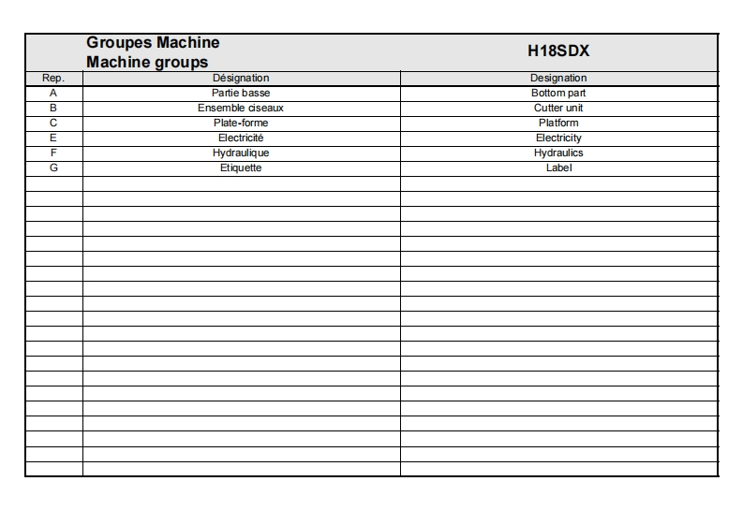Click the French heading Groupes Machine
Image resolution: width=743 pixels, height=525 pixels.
[x=153, y=43]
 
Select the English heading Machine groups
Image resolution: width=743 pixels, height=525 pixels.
[x=147, y=63]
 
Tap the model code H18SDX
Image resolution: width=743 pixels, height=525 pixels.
[x=558, y=52]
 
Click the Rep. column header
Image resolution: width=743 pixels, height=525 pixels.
[x=53, y=79]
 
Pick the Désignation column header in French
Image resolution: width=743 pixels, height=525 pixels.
[x=241, y=79]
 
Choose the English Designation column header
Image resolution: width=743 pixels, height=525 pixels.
[x=558, y=79]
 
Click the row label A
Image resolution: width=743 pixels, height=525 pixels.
[x=53, y=94]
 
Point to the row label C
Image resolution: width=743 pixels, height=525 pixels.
[x=53, y=124]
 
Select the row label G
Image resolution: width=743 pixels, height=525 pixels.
[x=53, y=168]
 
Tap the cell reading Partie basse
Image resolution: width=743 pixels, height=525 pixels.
[x=241, y=94]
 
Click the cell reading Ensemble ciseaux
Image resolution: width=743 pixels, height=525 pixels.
[x=241, y=109]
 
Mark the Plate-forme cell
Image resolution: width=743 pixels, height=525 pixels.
[x=241, y=124]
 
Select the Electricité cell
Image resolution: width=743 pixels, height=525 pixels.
[x=241, y=139]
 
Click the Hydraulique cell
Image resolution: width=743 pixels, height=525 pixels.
[x=241, y=153]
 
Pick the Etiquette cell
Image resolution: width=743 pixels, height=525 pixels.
[x=241, y=168]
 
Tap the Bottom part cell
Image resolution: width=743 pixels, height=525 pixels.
[x=558, y=94]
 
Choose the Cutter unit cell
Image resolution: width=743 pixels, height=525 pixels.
[x=558, y=109]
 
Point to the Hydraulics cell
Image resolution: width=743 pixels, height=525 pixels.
[x=558, y=153]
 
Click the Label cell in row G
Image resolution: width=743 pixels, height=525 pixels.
[x=558, y=168]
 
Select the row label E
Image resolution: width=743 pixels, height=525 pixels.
[x=53, y=139]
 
